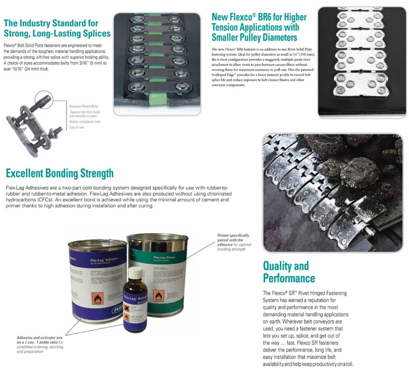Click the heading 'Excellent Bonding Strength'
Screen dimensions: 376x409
point(60,173)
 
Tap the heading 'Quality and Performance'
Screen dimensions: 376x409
point(289,272)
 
